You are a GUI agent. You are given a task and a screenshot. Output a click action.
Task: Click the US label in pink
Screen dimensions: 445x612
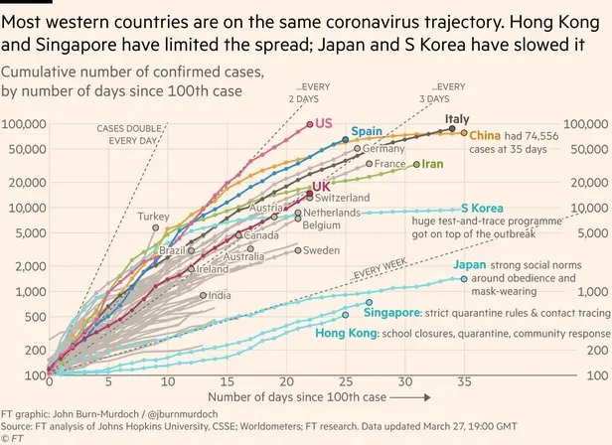tap(323, 123)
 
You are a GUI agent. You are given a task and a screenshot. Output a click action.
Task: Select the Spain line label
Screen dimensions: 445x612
tap(368, 131)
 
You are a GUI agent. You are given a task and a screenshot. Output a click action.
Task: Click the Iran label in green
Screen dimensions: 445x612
tap(432, 164)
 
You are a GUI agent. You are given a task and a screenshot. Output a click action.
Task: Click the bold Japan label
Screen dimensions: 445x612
tap(469, 265)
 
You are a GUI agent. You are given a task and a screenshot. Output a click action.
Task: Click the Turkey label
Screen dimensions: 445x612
tap(153, 216)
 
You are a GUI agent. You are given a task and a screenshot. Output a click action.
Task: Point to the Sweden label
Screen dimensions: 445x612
tap(321, 250)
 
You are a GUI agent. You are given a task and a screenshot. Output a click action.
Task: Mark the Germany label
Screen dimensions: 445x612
tap(370, 149)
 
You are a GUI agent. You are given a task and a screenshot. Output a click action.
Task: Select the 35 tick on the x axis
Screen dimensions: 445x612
tap(463, 381)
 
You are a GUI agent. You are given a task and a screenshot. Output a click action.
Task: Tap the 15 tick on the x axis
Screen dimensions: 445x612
tap(227, 381)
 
